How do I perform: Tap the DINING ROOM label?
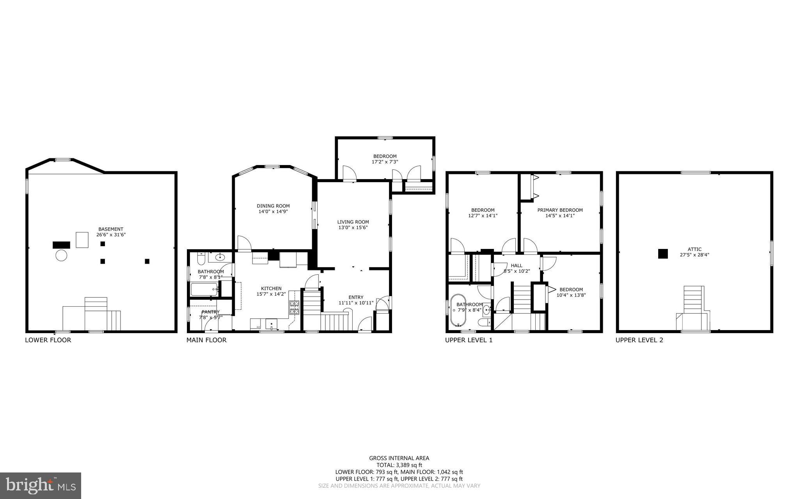click(273, 206)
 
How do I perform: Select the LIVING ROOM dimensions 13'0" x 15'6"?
click(353, 227)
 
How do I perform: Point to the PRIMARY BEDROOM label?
click(560, 210)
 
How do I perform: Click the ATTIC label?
click(694, 249)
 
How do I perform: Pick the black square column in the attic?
click(663, 254)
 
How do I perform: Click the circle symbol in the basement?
click(61, 256)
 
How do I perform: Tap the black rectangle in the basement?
click(61, 245)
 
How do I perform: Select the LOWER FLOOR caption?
click(48, 340)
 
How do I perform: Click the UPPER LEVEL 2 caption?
click(639, 340)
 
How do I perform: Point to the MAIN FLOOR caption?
click(206, 340)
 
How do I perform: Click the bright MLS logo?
click(41, 485)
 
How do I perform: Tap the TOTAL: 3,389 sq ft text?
click(399, 465)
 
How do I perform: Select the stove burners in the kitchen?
click(294, 308)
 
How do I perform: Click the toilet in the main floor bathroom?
click(201, 259)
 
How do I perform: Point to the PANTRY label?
click(211, 312)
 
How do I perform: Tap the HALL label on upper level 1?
click(517, 265)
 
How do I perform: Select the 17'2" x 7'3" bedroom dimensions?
click(385, 162)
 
